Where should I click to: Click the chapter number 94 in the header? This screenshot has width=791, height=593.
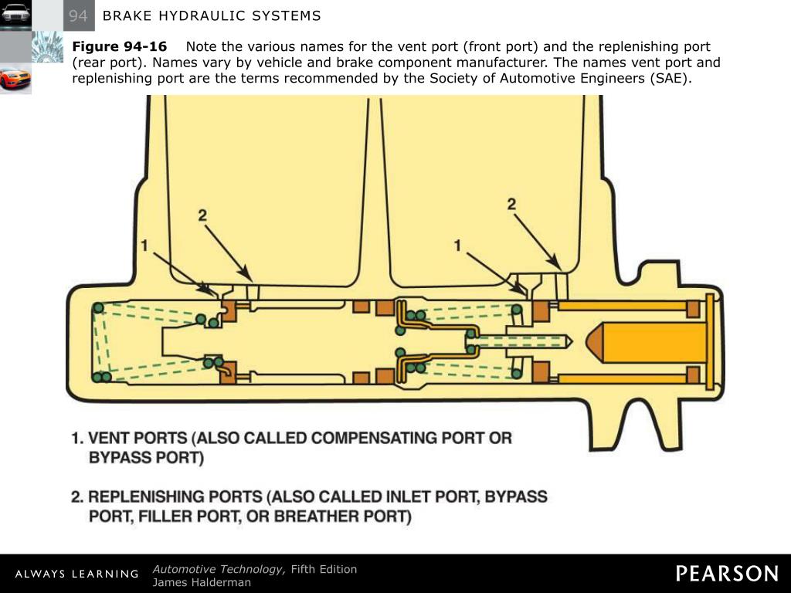pos(78,15)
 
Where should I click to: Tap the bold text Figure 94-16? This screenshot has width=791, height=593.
pos(120,46)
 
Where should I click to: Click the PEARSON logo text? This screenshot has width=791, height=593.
pos(727,573)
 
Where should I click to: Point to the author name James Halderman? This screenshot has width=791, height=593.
pos(202,582)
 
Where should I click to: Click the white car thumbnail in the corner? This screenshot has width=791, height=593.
pos(15,15)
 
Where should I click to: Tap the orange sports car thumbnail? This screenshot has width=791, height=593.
pos(15,78)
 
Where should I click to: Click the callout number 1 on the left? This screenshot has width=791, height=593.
pos(144,246)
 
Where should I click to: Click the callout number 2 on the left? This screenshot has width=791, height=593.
pos(202,215)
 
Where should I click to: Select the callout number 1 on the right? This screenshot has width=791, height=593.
pos(458,246)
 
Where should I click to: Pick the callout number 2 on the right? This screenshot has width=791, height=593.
pos(511,204)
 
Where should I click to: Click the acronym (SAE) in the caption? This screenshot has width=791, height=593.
pos(668,78)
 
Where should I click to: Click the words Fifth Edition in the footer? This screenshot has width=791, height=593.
pos(324,569)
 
